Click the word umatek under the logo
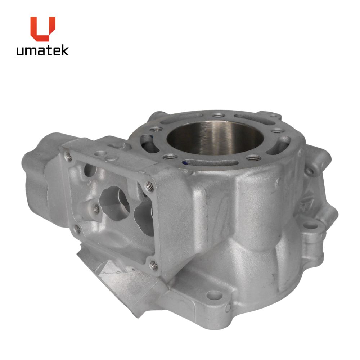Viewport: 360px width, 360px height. tap(42, 50)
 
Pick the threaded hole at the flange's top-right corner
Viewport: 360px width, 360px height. tap(150, 186)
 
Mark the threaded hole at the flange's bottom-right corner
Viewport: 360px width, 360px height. tap(153, 265)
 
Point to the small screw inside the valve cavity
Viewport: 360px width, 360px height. tap(96, 209)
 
